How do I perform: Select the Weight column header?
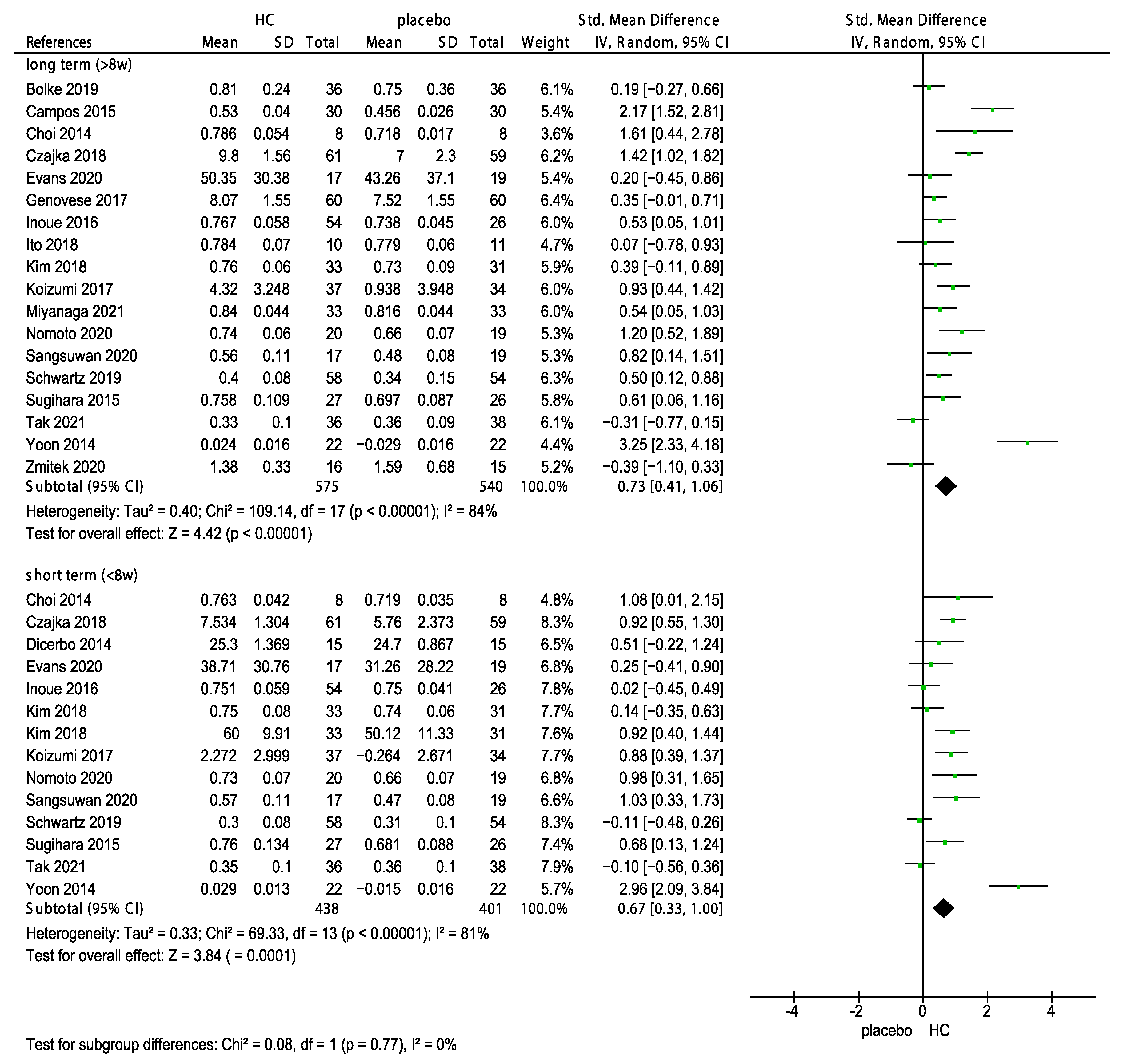[x=545, y=42]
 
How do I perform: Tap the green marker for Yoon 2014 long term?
[x=1027, y=442]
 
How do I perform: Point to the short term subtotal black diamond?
[x=943, y=908]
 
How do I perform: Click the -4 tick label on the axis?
[x=792, y=1011]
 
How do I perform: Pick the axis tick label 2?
[x=987, y=1011]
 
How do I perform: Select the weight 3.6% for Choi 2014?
[x=556, y=134]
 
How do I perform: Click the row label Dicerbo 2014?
[x=68, y=645]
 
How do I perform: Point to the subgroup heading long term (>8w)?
[x=78, y=65]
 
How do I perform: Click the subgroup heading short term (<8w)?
[x=82, y=575]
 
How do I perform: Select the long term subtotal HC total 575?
[x=327, y=486]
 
